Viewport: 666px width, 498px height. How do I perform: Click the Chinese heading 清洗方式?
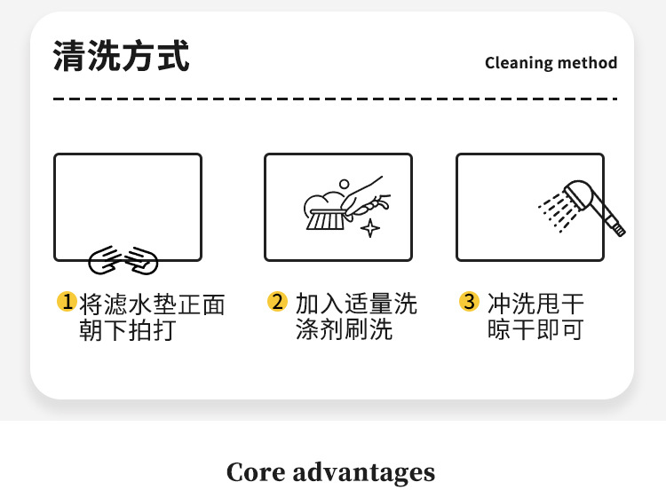(122, 57)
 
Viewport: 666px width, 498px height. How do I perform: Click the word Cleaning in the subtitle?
(516, 63)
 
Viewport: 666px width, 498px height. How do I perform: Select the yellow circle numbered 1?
(67, 302)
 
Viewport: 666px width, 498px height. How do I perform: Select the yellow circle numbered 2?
(278, 302)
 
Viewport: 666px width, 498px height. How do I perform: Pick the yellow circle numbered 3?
(469, 302)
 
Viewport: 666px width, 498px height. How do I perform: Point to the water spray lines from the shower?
(555, 211)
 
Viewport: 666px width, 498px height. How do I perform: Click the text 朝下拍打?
(128, 331)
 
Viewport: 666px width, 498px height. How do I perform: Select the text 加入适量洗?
(356, 304)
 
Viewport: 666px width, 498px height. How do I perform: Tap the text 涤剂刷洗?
(344, 331)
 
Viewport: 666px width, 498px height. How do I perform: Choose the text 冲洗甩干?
(535, 304)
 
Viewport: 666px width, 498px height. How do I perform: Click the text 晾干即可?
(535, 331)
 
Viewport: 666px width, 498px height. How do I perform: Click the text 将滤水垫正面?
(152, 304)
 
